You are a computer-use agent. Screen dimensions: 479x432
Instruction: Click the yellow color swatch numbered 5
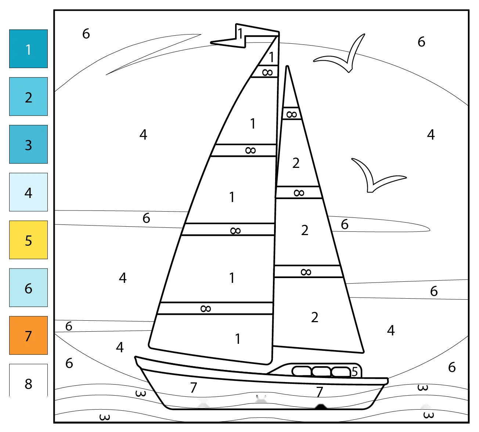click(28, 240)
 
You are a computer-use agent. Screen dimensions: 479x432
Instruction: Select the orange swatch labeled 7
click(28, 335)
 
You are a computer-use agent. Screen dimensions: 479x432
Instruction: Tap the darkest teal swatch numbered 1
click(28, 49)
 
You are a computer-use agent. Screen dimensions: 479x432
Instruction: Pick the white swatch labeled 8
click(28, 381)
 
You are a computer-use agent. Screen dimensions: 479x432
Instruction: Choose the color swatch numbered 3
click(28, 144)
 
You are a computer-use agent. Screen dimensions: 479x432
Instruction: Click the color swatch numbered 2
click(28, 97)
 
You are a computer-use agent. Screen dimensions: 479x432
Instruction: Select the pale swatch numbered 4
click(28, 192)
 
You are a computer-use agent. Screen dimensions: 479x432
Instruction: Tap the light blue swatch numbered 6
click(28, 288)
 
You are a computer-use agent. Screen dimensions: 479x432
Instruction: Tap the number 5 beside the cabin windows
click(355, 372)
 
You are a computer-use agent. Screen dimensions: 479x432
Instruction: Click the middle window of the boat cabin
click(321, 372)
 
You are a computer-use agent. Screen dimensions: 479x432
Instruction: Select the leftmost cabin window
click(302, 371)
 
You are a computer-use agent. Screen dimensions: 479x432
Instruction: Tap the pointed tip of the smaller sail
click(287, 66)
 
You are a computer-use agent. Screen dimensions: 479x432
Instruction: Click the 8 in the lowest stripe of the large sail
click(206, 309)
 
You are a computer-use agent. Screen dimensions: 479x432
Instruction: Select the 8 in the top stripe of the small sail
click(292, 114)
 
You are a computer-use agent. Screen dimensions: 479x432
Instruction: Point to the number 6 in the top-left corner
click(86, 34)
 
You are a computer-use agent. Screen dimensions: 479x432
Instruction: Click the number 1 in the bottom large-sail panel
click(238, 339)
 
